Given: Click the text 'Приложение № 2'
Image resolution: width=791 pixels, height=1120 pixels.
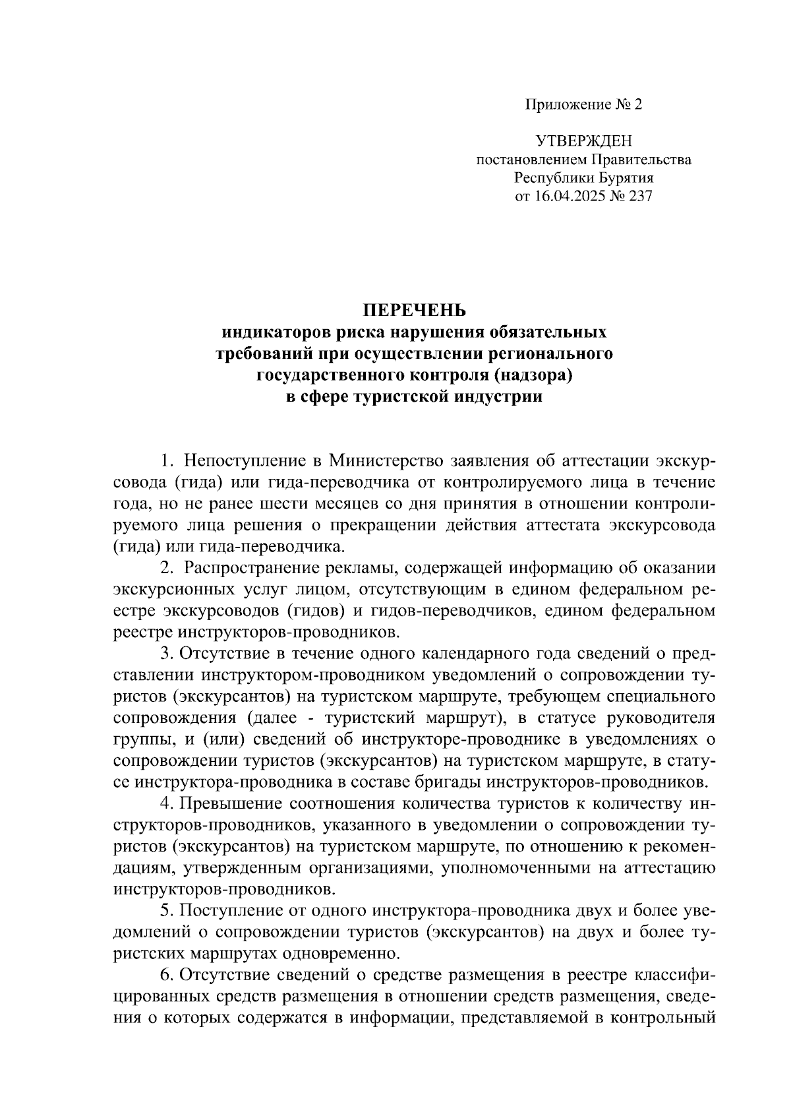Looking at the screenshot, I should (x=583, y=105).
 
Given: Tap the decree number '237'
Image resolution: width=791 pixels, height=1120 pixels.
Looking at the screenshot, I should (x=638, y=196).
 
